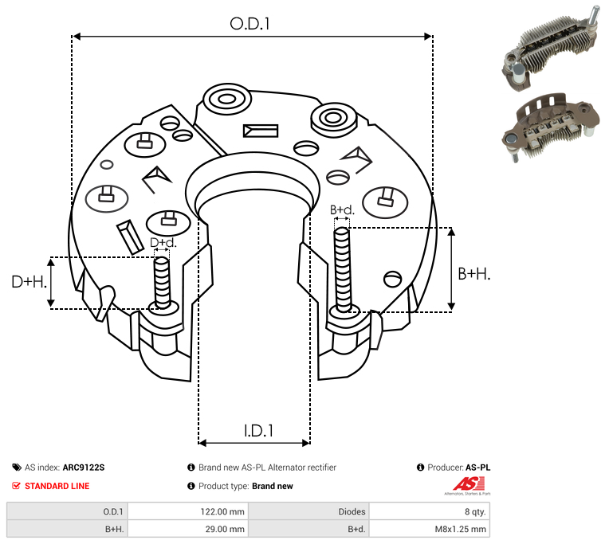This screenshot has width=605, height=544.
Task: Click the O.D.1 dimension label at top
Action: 249,24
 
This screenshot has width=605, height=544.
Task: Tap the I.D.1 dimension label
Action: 258,431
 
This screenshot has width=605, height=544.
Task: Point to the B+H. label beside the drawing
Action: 473,274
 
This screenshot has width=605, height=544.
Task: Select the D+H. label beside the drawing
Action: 29,282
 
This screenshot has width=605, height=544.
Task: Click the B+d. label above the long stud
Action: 342,210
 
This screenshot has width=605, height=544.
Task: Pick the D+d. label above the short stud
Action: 163,242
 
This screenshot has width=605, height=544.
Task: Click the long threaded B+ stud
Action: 342,269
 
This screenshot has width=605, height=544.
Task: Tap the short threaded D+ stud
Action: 162,283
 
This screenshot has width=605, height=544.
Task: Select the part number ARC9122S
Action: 84,468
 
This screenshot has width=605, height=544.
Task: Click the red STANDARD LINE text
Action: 57,486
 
